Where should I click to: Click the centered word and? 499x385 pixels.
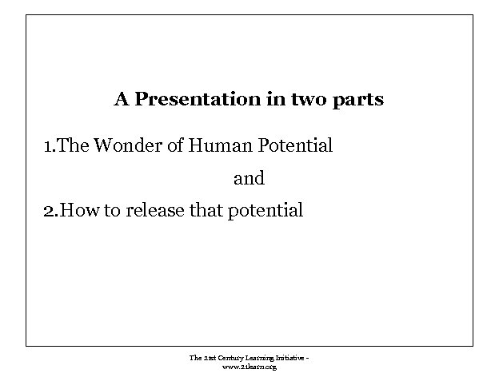[x=249, y=179]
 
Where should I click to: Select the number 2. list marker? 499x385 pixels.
[x=50, y=212]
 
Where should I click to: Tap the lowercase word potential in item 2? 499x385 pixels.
[x=265, y=212]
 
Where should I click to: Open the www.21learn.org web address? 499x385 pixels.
[x=249, y=367]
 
